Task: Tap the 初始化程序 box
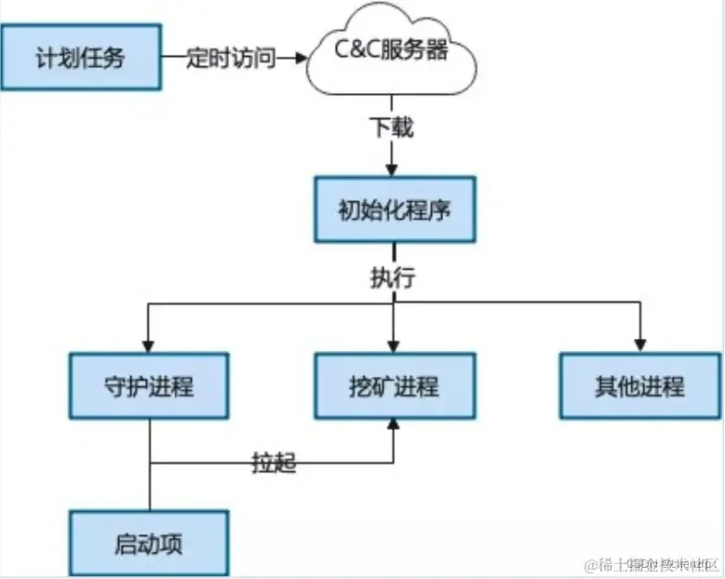(394, 209)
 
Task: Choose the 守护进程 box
(149, 385)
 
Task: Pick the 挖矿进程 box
(394, 385)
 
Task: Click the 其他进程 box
(639, 385)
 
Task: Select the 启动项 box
(149, 543)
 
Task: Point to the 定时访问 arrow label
(232, 59)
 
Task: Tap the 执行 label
(392, 277)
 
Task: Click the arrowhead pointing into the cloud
(301, 59)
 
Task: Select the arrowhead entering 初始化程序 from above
(393, 169)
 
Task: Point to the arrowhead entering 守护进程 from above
(149, 344)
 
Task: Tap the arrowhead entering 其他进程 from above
(640, 344)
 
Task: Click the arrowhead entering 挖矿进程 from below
(394, 425)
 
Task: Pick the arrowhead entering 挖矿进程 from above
(394, 344)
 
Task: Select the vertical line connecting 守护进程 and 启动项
(150, 484)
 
